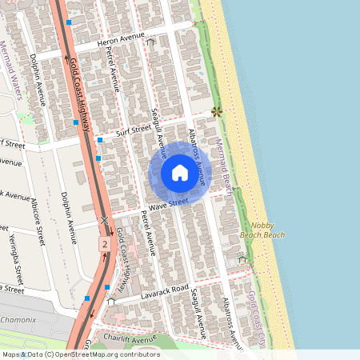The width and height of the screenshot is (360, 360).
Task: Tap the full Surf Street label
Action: pos(133,129)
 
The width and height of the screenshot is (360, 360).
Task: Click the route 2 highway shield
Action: pos(104,242)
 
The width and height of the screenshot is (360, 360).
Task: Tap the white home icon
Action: pos(179,173)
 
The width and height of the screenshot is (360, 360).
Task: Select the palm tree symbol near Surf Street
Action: pos(216,113)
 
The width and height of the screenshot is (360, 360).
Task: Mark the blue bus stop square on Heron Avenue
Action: pos(70,24)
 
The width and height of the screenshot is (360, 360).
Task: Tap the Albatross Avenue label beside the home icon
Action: pos(198,156)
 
